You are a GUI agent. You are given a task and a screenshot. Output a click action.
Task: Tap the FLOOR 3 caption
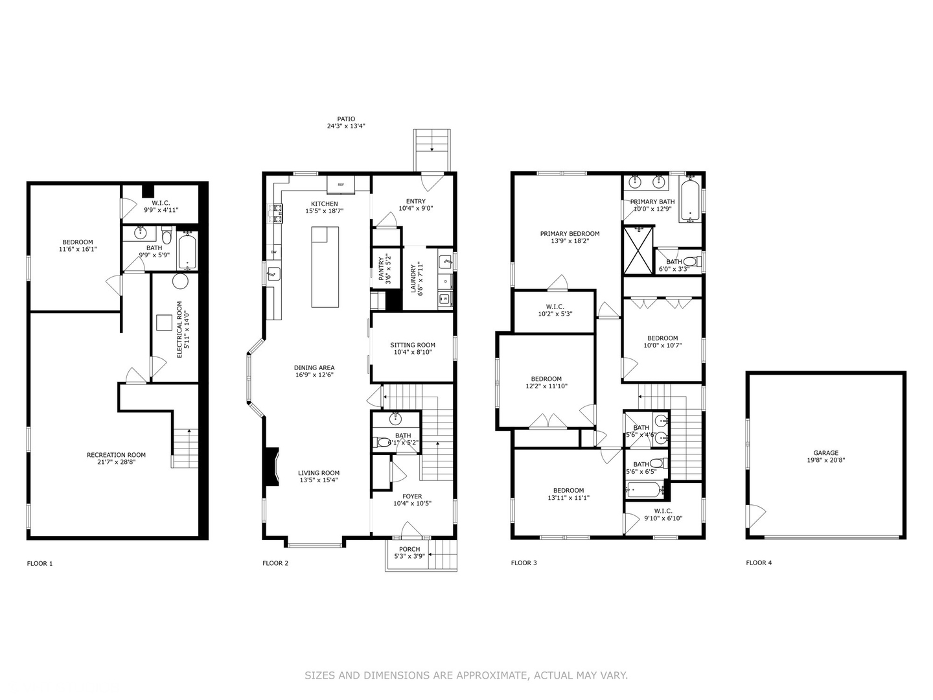[524, 563]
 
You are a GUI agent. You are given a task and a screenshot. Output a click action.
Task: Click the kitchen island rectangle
[325, 266]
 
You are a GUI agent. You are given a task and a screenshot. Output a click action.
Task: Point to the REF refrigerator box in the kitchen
[340, 184]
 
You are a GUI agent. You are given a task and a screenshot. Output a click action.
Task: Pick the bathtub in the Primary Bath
[691, 199]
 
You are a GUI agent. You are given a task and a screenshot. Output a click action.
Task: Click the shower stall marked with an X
[637, 250]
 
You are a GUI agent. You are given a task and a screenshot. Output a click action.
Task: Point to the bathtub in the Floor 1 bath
[188, 252]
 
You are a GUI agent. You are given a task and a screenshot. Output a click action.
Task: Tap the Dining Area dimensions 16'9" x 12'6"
[314, 375]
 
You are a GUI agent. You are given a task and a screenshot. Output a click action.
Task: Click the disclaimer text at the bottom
[466, 675]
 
